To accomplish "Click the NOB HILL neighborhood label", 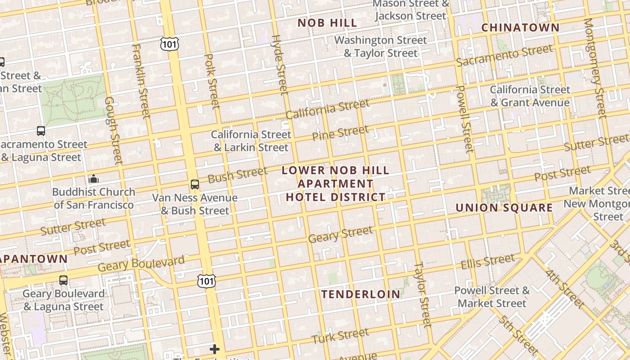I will pos(328,23).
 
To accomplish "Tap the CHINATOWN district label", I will pos(521,27).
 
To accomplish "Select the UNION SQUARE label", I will pos(504,207).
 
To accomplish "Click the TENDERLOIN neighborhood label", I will pos(360,294).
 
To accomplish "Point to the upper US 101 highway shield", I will pos(169,44).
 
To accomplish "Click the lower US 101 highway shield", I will pos(207,281).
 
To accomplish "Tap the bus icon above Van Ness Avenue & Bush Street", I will pos(194,184).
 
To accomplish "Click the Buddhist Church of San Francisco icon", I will pos(94,179).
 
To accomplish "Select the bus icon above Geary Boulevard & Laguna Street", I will pos(63,280).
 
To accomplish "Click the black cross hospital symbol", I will pos(215,349).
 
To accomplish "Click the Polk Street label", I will pos(212,81).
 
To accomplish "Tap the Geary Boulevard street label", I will pos(141,264).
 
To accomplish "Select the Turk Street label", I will pos(340,336).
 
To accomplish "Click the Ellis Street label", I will pos(487,261).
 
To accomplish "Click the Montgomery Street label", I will pos(595,67).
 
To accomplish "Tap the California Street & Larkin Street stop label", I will pos(251,141).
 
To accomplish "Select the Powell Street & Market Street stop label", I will pos(492,297).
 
